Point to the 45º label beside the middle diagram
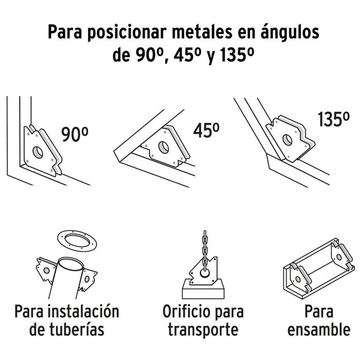[206, 131]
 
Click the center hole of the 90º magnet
[37, 153]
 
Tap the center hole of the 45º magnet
[163, 147]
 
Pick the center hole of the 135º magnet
[287, 140]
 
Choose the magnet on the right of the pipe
[87, 279]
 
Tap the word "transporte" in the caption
[203, 329]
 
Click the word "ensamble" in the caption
[319, 329]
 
